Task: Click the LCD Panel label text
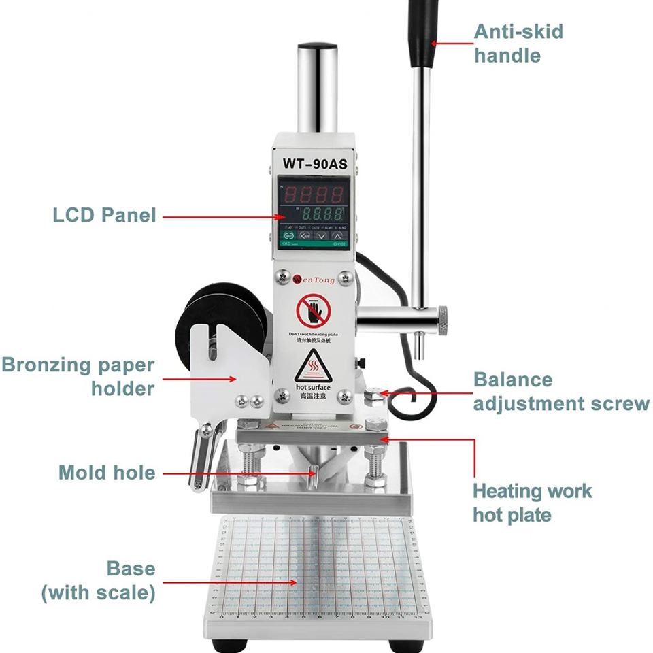[105, 216]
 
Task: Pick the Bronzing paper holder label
[78, 376]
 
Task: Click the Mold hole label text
[107, 471]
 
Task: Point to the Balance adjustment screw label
[561, 391]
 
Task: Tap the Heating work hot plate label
[532, 502]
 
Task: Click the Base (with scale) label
[98, 580]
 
